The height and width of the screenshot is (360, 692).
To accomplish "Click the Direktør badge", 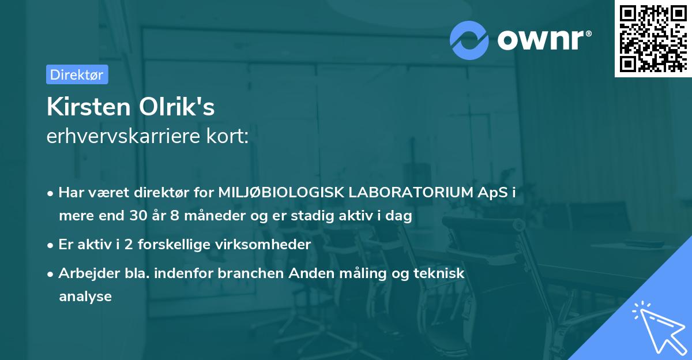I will click(x=77, y=74).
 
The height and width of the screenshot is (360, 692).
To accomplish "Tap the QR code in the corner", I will click(x=653, y=39).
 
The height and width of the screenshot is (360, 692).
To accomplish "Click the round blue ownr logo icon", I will click(x=469, y=40).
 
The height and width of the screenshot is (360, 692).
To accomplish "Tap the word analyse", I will click(x=85, y=297).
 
